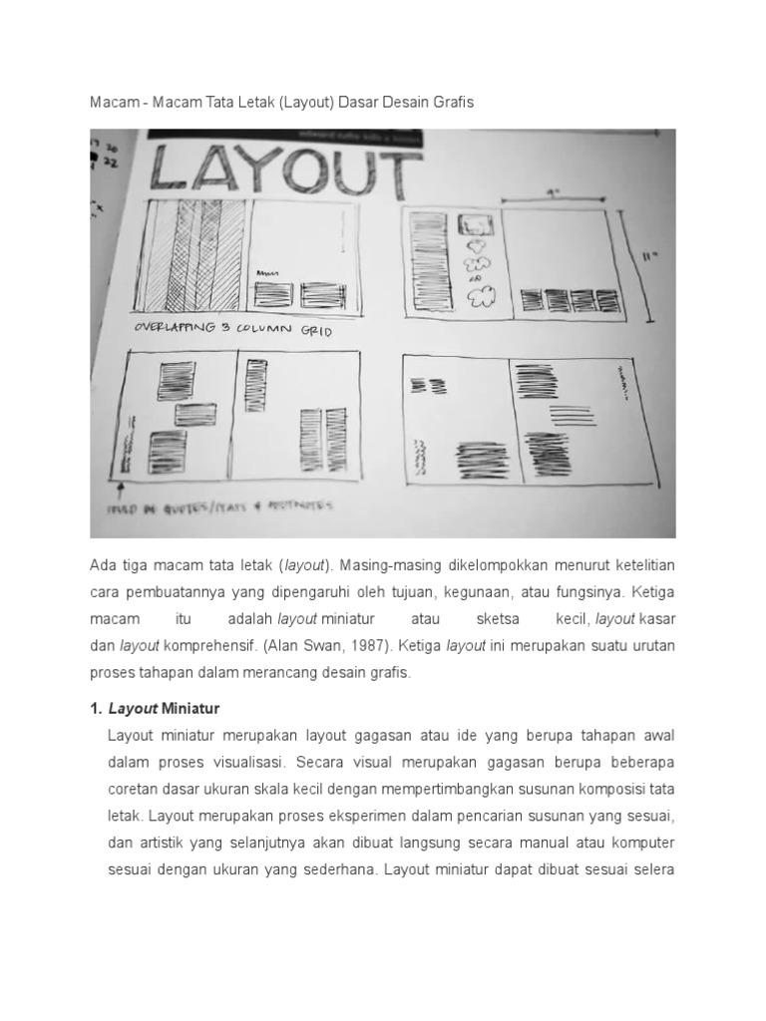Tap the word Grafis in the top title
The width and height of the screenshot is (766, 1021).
coord(455,103)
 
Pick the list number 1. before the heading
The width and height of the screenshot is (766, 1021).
coord(96,709)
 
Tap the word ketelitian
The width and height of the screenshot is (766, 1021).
coord(638,565)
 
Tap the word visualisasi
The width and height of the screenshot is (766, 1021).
coord(241,762)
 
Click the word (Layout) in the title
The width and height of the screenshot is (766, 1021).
coord(297,103)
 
